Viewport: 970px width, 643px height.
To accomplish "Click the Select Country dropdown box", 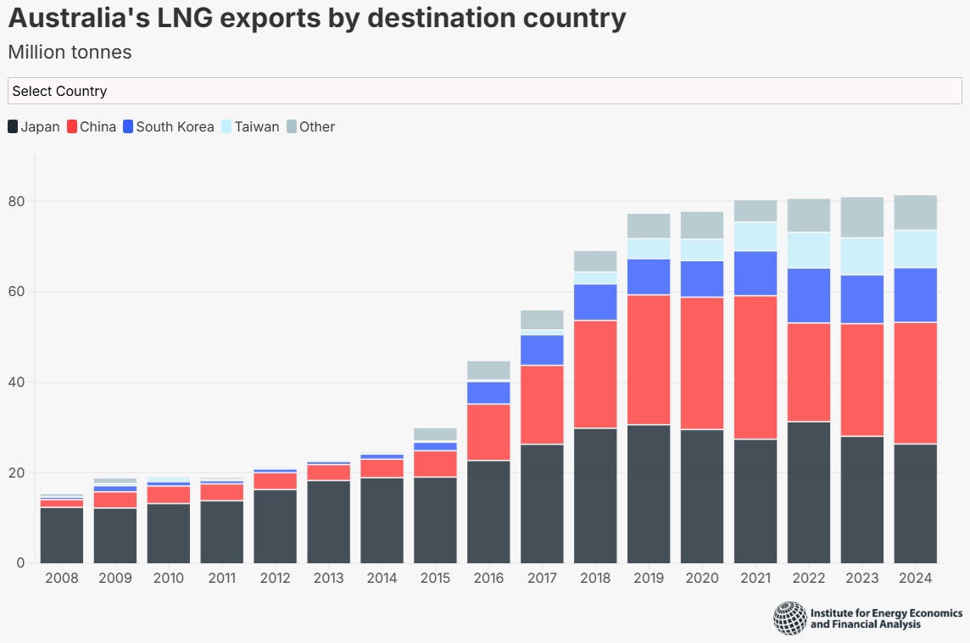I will click(484, 91).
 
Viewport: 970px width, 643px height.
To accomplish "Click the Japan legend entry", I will click(33, 127).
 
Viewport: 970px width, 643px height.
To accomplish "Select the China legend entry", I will click(91, 127).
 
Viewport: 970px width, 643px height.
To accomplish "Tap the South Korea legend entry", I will click(168, 127).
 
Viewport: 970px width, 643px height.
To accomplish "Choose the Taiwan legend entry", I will click(249, 127).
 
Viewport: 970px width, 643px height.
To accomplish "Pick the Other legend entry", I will click(310, 127).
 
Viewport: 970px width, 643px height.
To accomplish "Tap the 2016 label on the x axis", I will click(488, 579).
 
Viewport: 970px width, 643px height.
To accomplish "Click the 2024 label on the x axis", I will click(916, 579).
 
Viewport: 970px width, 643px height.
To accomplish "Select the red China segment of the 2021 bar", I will click(755, 367).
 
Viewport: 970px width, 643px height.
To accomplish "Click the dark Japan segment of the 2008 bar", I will click(62, 535).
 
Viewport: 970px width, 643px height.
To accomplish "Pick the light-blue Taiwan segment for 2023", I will click(862, 256).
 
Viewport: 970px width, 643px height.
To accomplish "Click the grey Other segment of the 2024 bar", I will click(916, 212).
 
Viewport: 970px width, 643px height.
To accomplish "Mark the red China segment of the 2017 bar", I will click(542, 405).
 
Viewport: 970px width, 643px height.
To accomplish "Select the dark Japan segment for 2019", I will click(649, 494).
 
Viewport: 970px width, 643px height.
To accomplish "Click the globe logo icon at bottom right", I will click(790, 618).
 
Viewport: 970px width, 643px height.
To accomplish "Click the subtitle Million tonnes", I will click(70, 53).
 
